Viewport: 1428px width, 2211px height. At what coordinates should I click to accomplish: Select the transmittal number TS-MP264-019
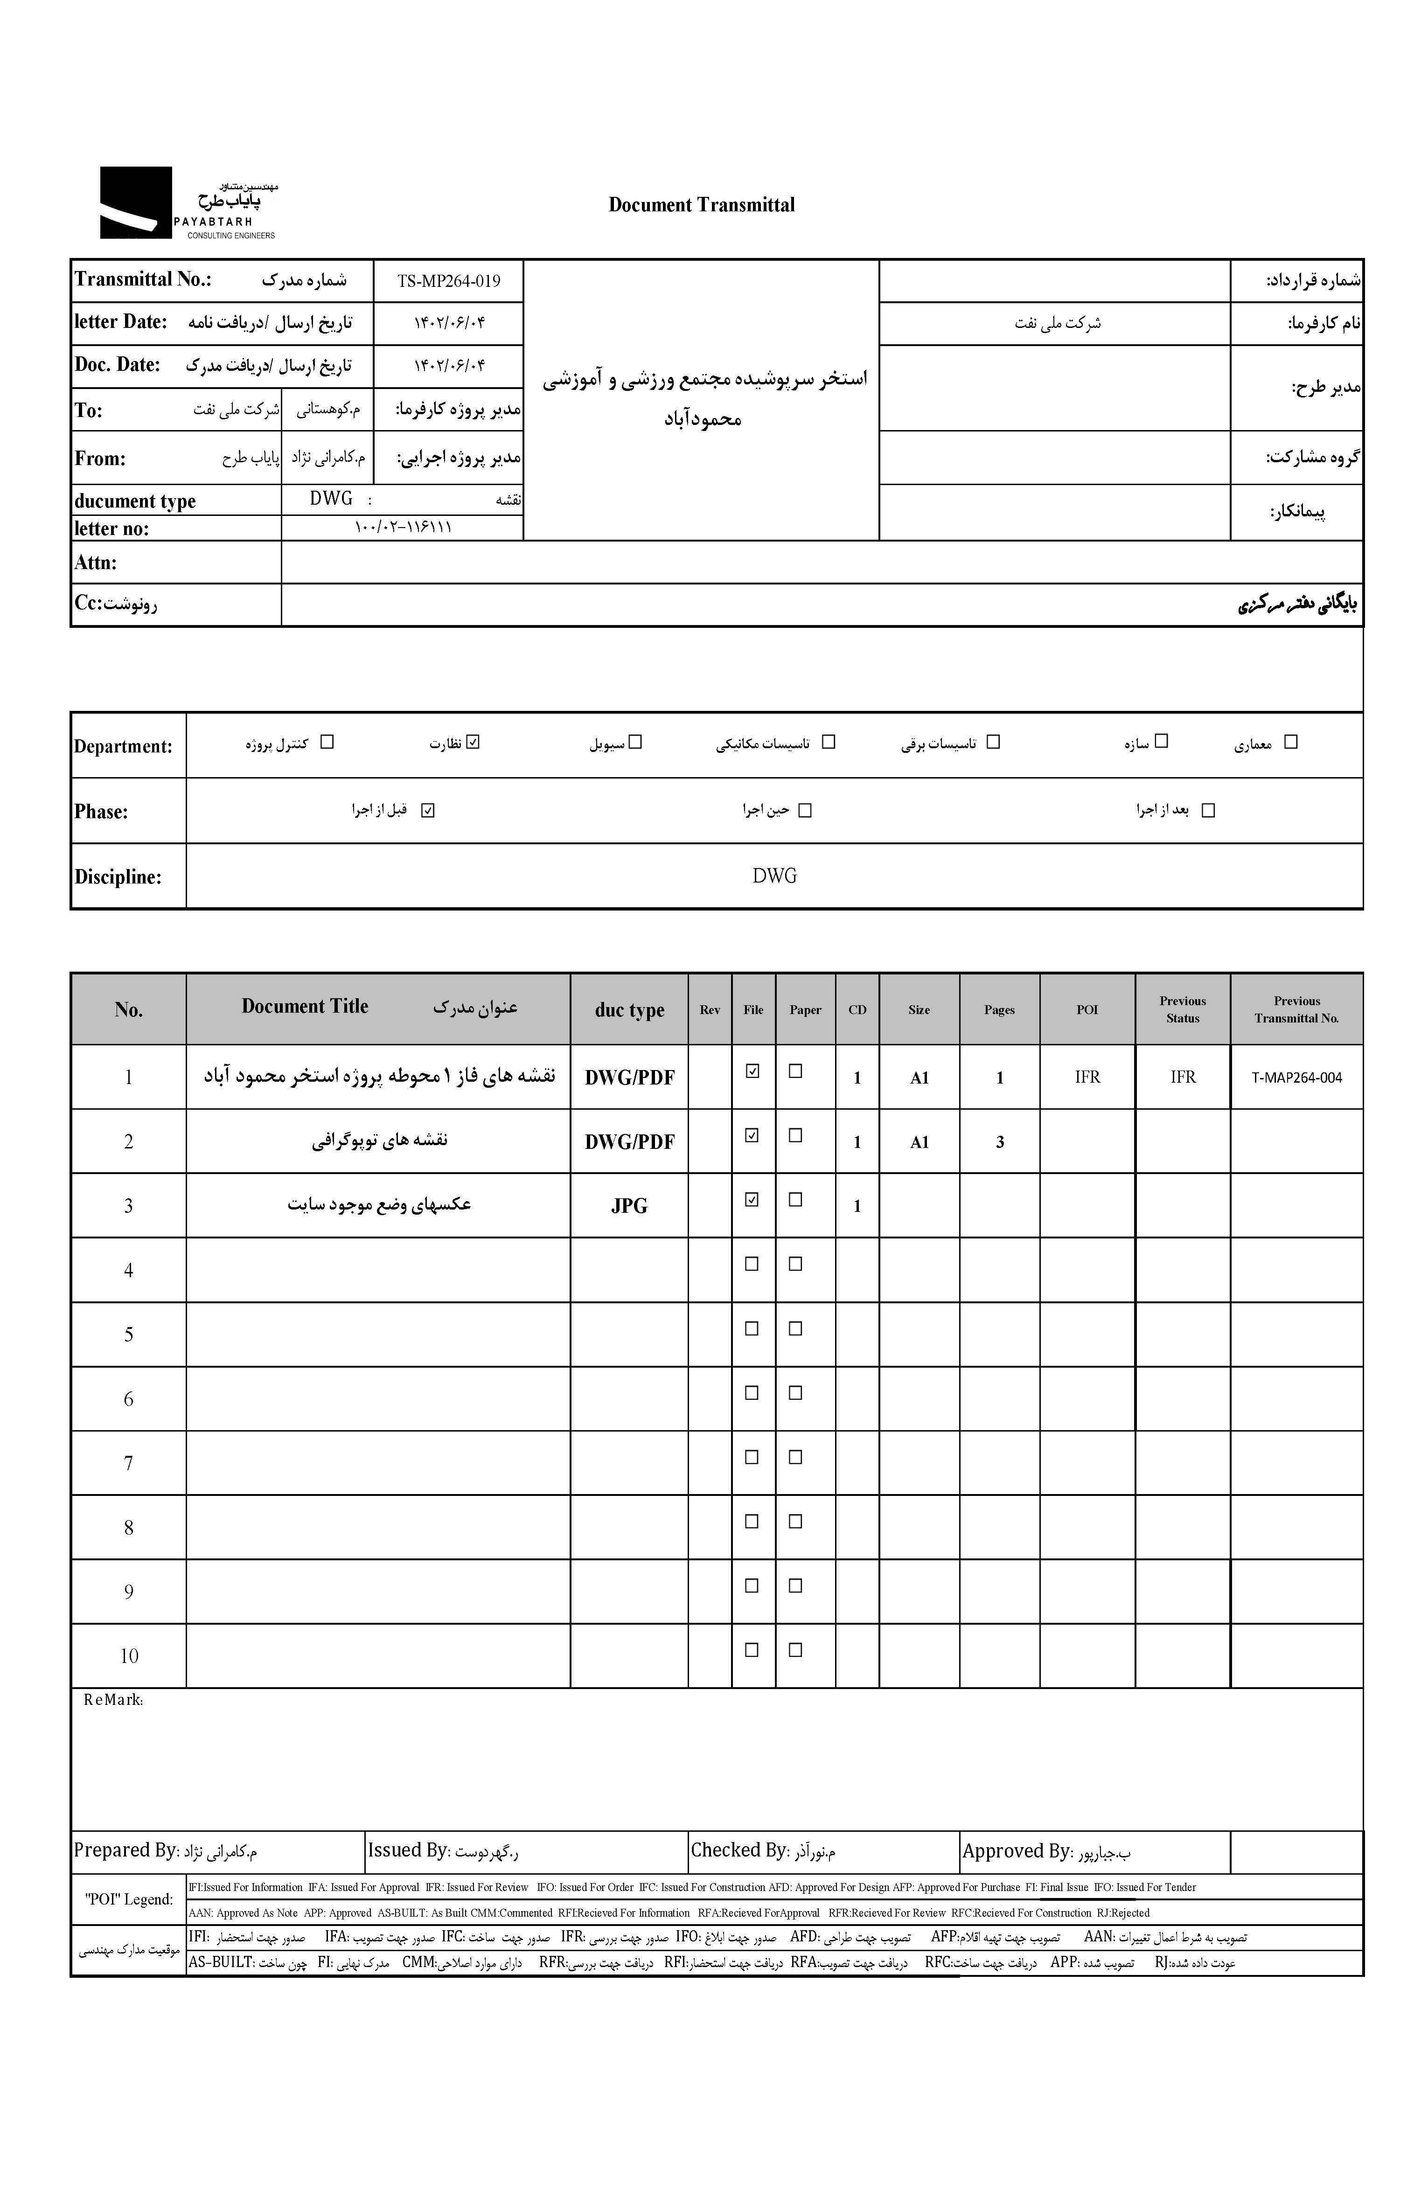coord(449,281)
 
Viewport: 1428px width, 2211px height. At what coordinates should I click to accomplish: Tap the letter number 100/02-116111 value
coord(403,528)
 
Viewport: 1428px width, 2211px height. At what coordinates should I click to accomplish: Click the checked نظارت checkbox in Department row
coord(474,742)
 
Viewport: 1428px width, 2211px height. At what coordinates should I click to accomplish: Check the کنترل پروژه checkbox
coord(327,742)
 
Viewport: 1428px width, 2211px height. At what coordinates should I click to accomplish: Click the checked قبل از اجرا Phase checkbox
coord(427,810)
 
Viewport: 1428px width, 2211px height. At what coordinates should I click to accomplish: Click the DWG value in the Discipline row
coord(774,876)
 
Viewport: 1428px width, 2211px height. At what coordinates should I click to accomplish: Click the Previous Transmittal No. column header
coord(1296,1009)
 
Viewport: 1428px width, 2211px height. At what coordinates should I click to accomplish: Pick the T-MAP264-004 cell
coord(1296,1077)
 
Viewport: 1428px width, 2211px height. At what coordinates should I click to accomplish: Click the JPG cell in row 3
coord(629,1206)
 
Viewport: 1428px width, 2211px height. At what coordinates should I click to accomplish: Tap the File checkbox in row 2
coord(752,1135)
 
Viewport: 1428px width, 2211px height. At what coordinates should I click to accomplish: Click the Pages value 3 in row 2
coord(1000,1142)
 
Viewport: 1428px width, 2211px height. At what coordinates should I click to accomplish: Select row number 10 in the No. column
coord(129,1656)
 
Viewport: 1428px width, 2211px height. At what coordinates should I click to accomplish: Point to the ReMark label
coord(113,1700)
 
